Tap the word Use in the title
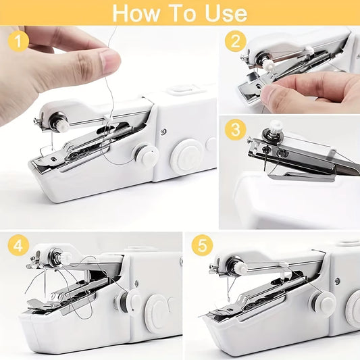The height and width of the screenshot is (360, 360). point(224,13)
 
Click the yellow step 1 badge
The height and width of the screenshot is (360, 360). point(18,44)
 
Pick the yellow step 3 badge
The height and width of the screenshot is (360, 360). point(235,128)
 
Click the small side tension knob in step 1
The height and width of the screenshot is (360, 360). point(145,155)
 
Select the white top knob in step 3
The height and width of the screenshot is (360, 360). point(276,126)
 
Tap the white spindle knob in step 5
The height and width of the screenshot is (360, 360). point(240,269)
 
